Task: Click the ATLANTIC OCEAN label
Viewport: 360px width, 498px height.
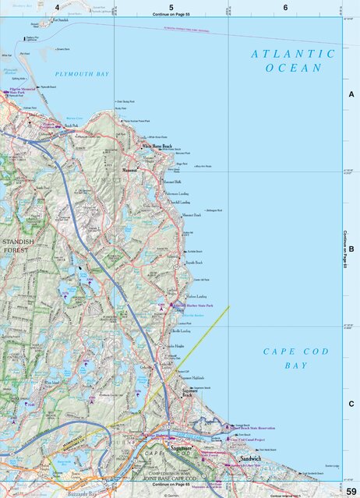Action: point(293,61)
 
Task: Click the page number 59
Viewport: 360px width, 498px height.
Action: point(351,489)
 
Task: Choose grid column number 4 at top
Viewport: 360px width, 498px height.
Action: point(57,7)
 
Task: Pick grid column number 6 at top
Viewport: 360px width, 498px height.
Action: point(285,7)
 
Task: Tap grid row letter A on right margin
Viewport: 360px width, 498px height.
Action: point(351,94)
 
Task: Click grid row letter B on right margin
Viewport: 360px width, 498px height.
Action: point(351,249)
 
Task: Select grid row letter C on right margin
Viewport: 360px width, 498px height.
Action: point(351,404)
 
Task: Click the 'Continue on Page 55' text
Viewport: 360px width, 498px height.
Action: point(171,15)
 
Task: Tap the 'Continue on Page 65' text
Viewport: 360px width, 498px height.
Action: point(168,484)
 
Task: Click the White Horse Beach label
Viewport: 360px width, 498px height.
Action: point(157,146)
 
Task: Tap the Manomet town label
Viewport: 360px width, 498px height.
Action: point(130,168)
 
